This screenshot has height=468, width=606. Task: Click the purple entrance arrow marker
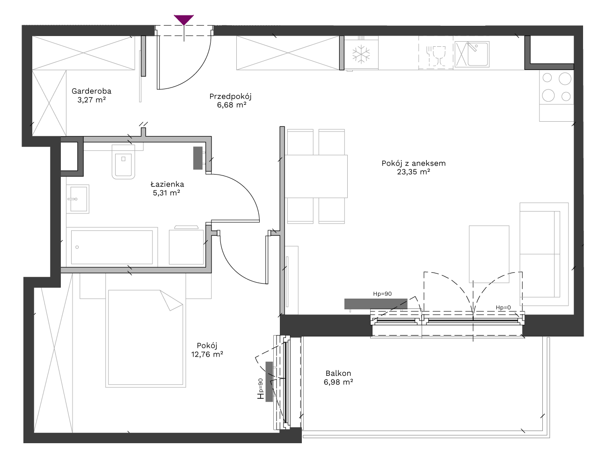[183, 20]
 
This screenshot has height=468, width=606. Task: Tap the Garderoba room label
[91, 91]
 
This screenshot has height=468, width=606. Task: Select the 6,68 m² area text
[232, 105]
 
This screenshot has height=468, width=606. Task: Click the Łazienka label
[167, 184]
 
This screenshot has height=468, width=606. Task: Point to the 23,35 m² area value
[413, 172]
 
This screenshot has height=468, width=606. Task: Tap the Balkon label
[338, 373]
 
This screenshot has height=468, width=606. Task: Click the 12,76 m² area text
[207, 354]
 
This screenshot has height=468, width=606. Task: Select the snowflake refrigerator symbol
[361, 54]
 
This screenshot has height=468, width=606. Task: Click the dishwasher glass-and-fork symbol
[436, 56]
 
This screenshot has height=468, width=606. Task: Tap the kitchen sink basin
[478, 54]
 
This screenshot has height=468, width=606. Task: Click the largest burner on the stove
[565, 79]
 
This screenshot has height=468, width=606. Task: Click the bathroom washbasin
[78, 199]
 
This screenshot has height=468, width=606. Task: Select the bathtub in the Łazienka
[112, 247]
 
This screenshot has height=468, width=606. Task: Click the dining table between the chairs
[316, 176]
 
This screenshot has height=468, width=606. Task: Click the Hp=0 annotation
[503, 307]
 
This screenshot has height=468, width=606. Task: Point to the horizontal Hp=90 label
[382, 294]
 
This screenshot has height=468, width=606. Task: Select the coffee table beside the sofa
[489, 254]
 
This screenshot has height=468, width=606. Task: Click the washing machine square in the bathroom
[186, 247]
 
